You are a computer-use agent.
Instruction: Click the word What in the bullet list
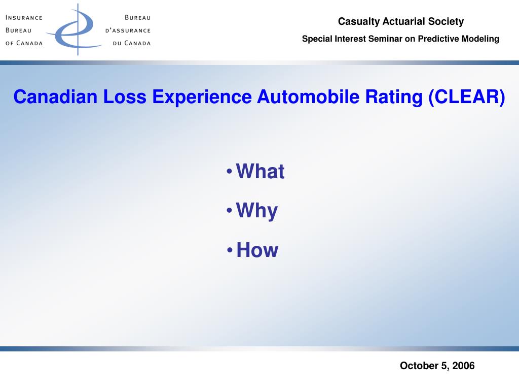[260, 172]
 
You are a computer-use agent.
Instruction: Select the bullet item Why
[257, 211]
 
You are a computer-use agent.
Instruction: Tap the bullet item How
[257, 250]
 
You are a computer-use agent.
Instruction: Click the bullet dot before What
[230, 172]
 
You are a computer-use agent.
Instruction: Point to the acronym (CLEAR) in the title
[466, 96]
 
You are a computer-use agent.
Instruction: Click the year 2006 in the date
[464, 366]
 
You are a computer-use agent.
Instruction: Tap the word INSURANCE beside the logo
[24, 17]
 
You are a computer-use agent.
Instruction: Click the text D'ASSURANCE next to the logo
[128, 30]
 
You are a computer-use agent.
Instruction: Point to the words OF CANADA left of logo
[24, 43]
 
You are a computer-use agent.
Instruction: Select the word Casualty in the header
[357, 21]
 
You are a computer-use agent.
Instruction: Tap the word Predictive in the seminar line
[438, 39]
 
